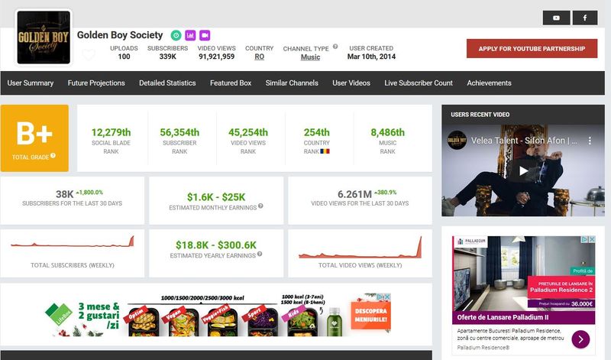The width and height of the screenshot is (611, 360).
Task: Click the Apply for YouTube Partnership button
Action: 532,49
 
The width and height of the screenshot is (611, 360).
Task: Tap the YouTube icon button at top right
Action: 556,18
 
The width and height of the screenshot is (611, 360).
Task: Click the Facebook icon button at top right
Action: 585,18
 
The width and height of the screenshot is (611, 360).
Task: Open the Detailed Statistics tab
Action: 167,83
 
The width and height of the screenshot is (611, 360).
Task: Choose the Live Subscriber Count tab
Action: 419,83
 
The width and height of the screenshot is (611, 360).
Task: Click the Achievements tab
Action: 489,83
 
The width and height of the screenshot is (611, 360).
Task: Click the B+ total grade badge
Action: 34,138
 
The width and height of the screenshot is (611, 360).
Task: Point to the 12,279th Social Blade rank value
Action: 111,132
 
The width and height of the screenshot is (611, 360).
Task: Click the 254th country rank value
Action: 316,132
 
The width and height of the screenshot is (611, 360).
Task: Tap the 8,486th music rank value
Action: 388,132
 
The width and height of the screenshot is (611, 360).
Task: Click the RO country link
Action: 260,57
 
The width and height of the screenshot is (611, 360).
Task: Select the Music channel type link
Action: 310,57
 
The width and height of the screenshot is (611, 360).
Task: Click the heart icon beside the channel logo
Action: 89,54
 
